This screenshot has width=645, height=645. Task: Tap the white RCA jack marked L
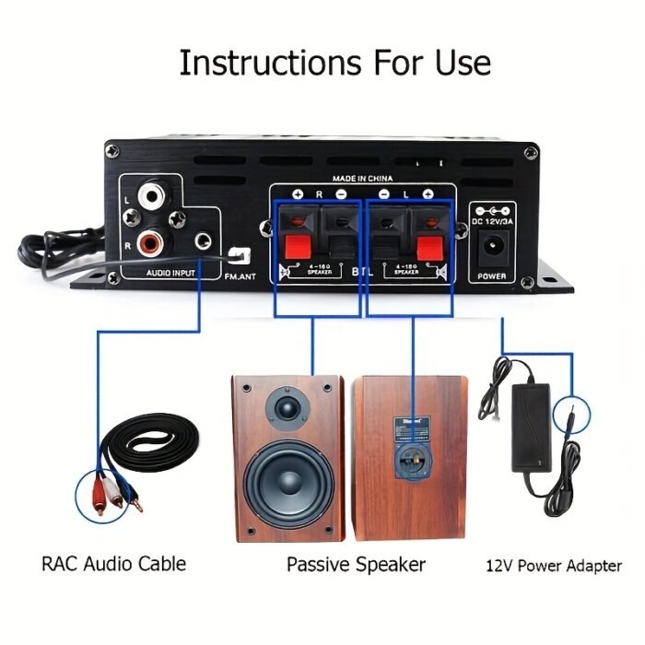151,197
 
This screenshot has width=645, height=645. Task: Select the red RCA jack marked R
151,242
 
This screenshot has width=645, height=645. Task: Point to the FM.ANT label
241,274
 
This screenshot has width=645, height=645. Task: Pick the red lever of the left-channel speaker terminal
427,246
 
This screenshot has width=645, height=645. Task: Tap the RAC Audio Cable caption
113,563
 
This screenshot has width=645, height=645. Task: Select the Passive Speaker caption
356,563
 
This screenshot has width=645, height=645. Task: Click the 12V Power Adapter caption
553,566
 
